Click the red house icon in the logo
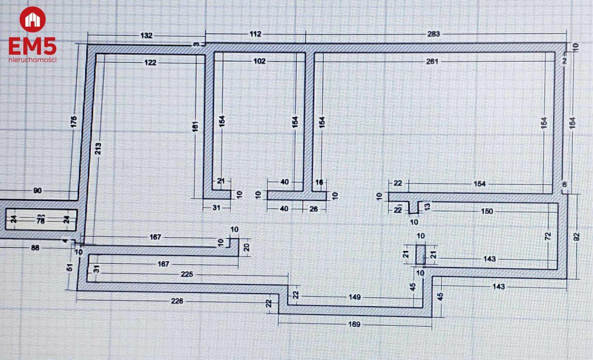(32, 20)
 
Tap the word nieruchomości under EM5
(32, 60)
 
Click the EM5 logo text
(32, 47)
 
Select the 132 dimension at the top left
(147, 36)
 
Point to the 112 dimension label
(255, 34)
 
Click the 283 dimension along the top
(433, 34)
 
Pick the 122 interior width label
(151, 62)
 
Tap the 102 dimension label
(259, 61)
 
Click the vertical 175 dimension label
(74, 121)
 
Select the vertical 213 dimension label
(98, 148)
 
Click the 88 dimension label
(35, 248)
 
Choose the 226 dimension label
(177, 301)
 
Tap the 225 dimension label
(187, 275)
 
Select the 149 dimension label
(354, 297)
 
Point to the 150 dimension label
(487, 211)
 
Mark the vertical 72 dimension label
(548, 237)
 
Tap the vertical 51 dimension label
(70, 267)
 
